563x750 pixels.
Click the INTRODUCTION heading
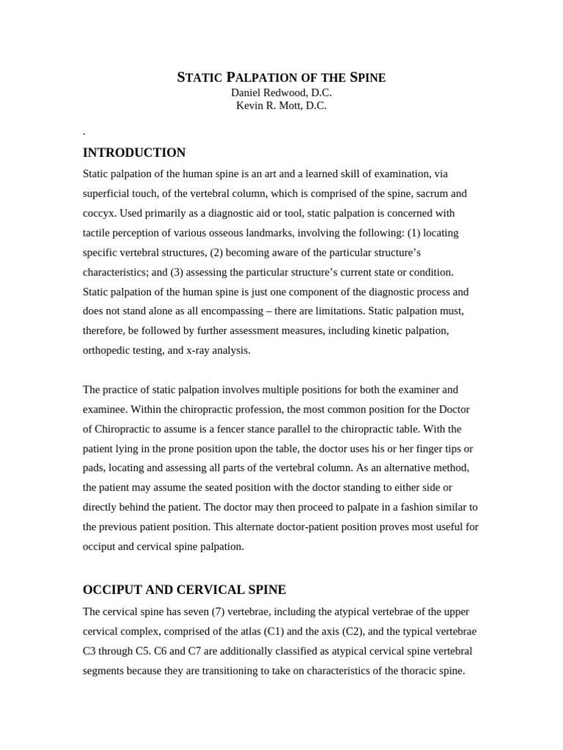[x=134, y=153]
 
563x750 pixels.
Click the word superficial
[x=109, y=194]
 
